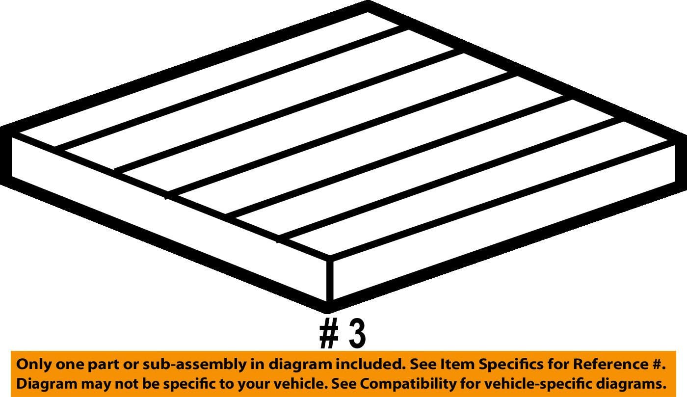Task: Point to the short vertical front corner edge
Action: click(330, 282)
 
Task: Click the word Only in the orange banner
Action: click(32, 365)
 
